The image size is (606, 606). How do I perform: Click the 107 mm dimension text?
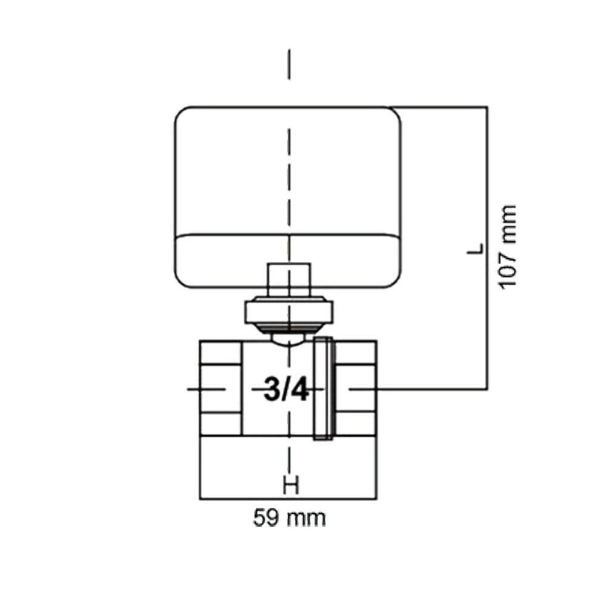[x=508, y=247]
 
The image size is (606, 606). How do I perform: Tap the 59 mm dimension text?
[x=289, y=518]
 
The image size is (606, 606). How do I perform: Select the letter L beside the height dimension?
[x=475, y=248]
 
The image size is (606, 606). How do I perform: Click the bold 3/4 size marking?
[x=287, y=389]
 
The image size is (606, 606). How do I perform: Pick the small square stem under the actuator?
[x=289, y=279]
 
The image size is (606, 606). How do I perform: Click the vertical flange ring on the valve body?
[x=323, y=388]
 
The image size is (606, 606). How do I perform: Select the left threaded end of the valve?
[x=221, y=388]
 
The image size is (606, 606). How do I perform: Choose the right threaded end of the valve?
[x=355, y=388]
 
